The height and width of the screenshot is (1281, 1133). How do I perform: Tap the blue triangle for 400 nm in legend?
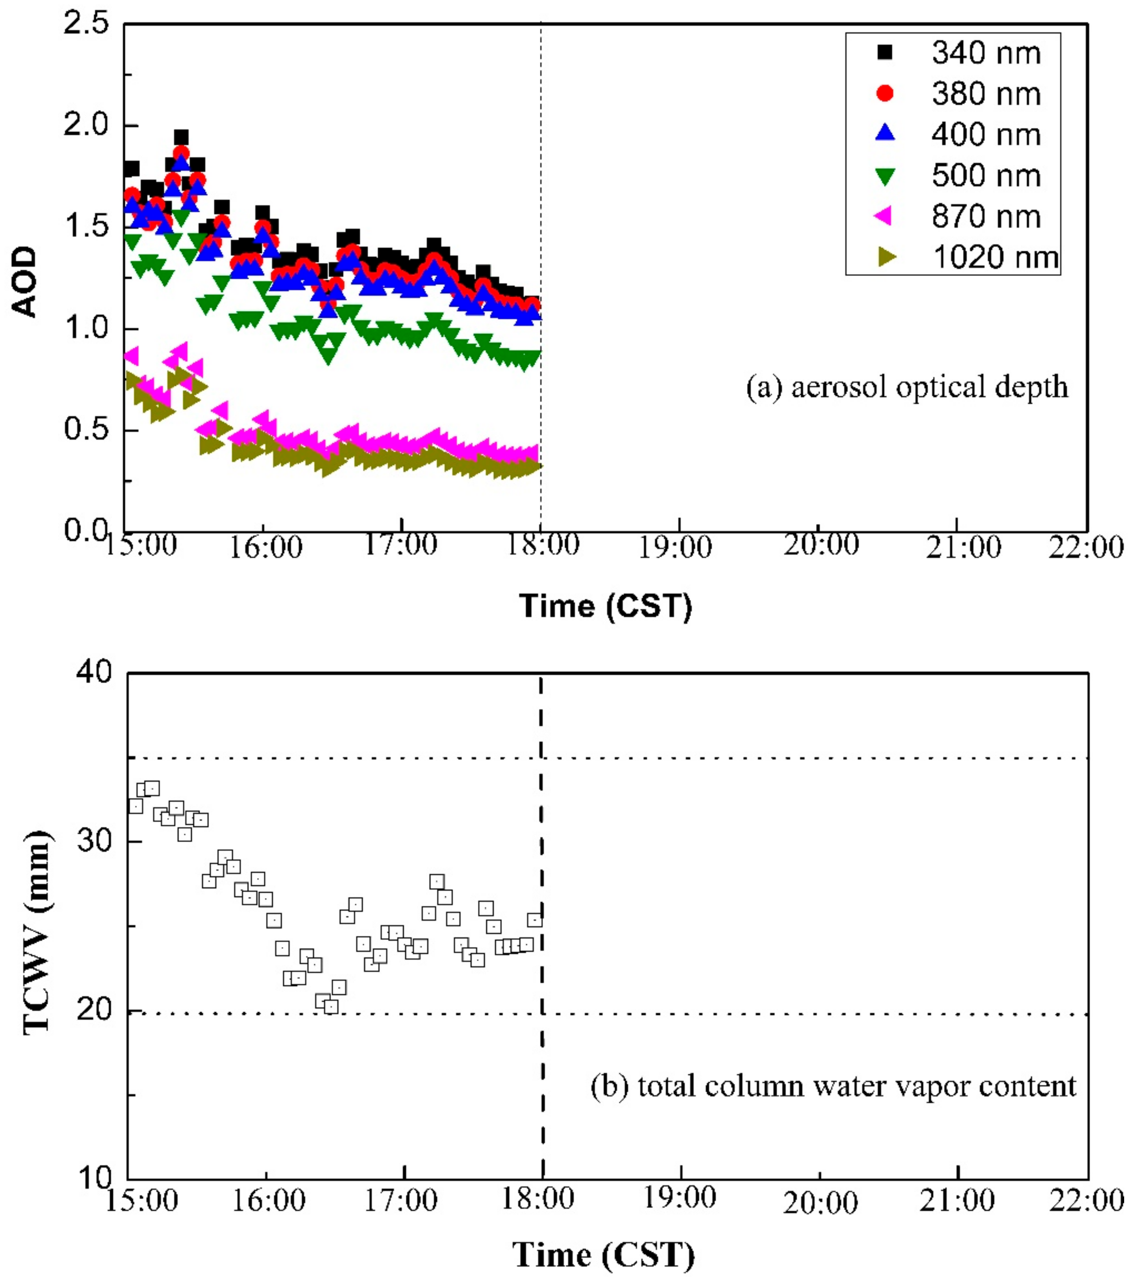point(886,133)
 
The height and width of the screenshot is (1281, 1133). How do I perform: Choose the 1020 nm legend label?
point(995,257)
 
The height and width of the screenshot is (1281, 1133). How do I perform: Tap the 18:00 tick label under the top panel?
point(542,545)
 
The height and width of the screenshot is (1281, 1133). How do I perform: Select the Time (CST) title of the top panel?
point(605,606)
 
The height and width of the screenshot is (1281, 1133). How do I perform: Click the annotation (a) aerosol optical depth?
point(906,387)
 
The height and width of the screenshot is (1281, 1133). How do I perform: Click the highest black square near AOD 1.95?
point(181,138)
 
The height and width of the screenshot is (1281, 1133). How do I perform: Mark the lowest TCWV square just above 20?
point(331,1006)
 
